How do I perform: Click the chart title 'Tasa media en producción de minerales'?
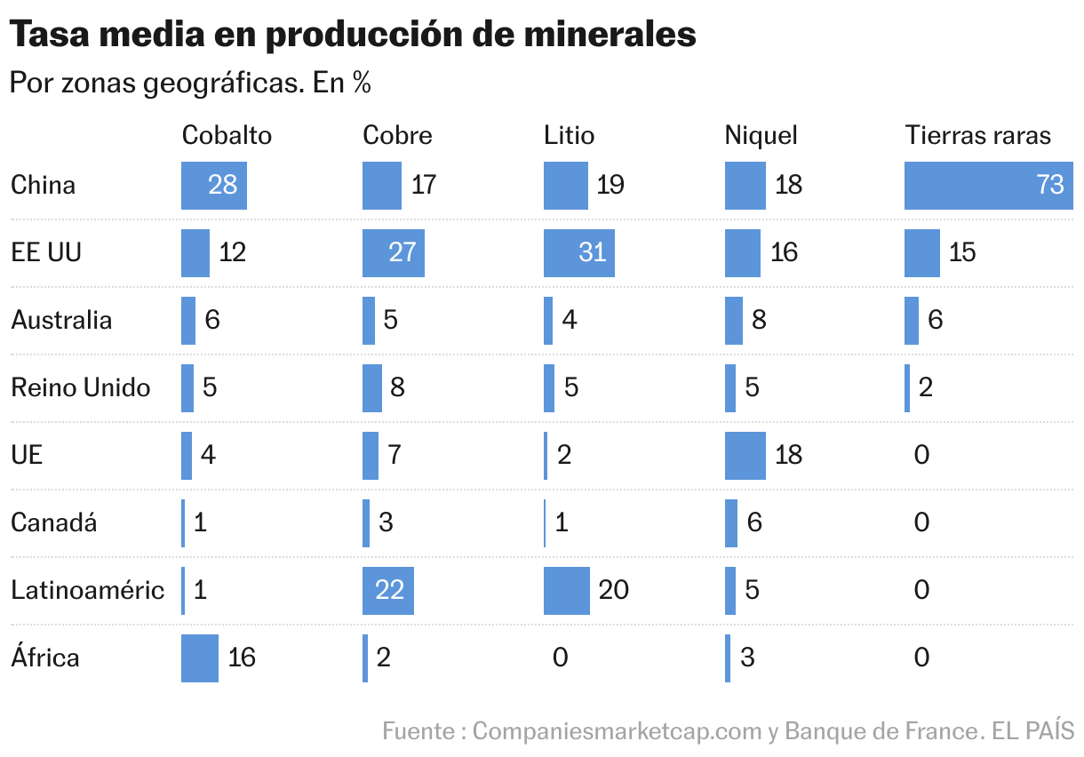tap(353, 35)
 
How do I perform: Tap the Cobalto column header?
tap(227, 135)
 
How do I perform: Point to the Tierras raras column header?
tap(978, 135)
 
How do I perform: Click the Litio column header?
tap(569, 135)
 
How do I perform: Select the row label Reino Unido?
tap(81, 387)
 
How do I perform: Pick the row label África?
tap(45, 657)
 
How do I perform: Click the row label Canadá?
tap(53, 522)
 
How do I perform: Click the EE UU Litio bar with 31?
tap(578, 252)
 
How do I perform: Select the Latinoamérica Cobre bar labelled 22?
tap(388, 590)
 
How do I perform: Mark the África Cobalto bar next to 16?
tap(200, 657)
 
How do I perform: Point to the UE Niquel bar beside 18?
tap(745, 455)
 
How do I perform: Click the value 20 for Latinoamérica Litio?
tap(613, 590)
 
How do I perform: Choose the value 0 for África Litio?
tap(560, 657)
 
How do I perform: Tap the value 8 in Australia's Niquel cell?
tap(758, 320)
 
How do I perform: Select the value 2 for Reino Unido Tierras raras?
tap(925, 387)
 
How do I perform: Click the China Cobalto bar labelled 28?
tap(213, 185)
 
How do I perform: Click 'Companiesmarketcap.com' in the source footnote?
tap(617, 731)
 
